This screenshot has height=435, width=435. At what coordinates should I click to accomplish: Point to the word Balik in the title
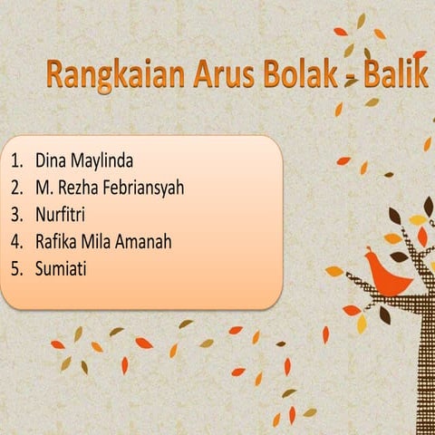[x=395, y=77]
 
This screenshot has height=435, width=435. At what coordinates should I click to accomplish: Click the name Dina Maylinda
[x=84, y=161]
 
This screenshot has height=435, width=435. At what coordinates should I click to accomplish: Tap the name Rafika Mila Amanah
[x=103, y=242]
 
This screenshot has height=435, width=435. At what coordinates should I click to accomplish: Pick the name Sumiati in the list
[x=61, y=268]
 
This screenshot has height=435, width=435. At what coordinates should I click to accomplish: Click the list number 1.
[x=15, y=161]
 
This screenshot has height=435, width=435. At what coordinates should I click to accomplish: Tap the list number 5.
[x=15, y=268]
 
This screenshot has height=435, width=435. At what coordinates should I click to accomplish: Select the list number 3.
[x=15, y=215]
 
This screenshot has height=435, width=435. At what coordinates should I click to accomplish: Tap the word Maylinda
[x=101, y=161]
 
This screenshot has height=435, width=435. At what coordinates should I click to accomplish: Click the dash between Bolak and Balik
[x=349, y=82]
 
